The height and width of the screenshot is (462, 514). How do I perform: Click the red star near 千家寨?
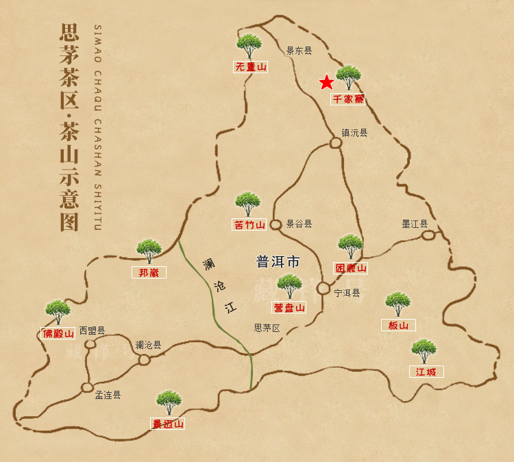327,82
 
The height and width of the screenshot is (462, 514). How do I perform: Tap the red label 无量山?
250,67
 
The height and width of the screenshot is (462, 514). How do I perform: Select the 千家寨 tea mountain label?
348,99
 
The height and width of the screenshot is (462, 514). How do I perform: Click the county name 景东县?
299,50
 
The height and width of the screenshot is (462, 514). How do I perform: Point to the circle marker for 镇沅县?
336,143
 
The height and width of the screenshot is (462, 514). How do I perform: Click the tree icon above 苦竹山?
247,203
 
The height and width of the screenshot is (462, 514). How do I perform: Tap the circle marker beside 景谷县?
276,224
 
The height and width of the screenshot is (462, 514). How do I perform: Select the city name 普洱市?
278,261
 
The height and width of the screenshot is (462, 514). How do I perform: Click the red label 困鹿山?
350,268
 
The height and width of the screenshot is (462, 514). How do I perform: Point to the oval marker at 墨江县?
428,235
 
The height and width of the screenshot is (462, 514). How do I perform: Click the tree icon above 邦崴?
149,251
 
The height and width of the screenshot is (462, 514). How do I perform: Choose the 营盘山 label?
289,307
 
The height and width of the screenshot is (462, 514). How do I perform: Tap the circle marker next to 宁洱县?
323,288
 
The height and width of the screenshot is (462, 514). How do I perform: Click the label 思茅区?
267,328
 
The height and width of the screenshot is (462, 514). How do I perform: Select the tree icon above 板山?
397,304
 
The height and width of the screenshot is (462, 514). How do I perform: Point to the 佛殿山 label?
58,334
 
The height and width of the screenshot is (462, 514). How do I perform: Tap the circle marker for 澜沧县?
144,359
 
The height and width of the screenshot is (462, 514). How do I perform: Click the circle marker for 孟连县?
88,387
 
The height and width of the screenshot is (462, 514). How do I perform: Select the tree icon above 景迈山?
168,402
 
